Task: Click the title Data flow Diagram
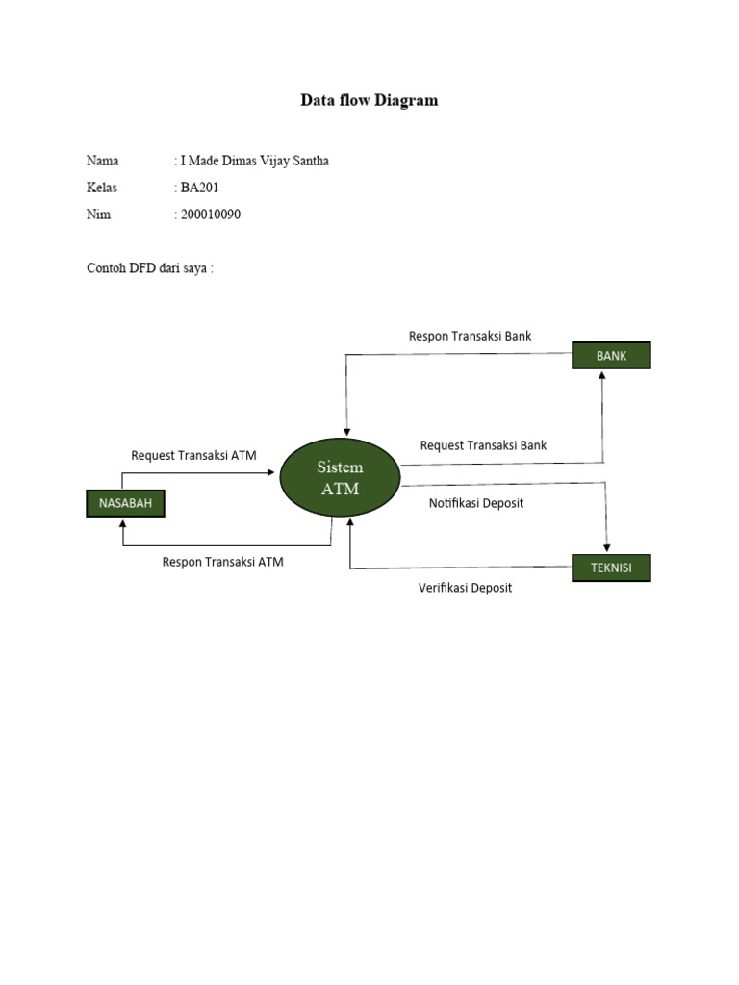(x=369, y=100)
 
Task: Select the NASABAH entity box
(x=125, y=502)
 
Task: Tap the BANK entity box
(x=611, y=356)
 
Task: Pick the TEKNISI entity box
(x=611, y=568)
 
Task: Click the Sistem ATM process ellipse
(x=341, y=477)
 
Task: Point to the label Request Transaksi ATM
(x=193, y=455)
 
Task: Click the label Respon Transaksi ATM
(x=222, y=562)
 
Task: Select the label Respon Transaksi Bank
(x=470, y=336)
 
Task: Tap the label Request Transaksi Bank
(x=483, y=445)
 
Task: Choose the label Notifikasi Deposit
(x=476, y=503)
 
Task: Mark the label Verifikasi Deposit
(x=465, y=588)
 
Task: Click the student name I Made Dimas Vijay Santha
(x=254, y=161)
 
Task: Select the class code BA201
(x=199, y=188)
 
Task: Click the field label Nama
(x=102, y=161)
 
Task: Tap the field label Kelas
(x=102, y=188)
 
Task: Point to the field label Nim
(x=98, y=215)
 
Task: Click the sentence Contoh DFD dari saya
(x=149, y=268)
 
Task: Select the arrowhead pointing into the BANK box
(x=602, y=376)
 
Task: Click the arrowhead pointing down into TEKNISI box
(x=606, y=547)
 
